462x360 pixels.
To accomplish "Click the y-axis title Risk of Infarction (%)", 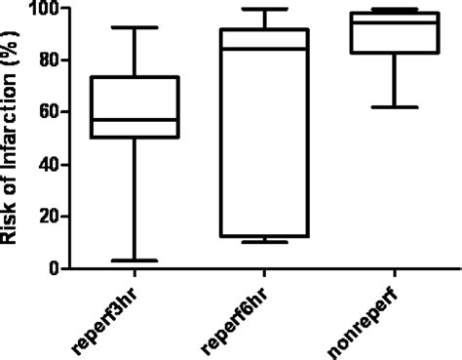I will (x=14, y=137).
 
